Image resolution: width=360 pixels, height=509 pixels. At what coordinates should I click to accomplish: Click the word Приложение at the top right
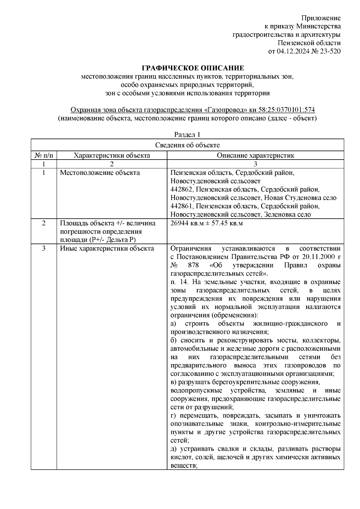pyautogui.click(x=321, y=18)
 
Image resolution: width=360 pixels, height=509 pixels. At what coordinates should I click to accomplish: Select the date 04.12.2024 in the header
pyautogui.click(x=291, y=51)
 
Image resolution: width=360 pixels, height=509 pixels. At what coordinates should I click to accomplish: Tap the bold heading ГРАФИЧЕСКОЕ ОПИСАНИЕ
pyautogui.click(x=193, y=68)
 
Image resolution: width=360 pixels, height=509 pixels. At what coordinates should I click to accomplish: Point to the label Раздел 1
pyautogui.click(x=187, y=135)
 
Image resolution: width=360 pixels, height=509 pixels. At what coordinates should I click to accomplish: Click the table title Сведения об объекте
pyautogui.click(x=187, y=145)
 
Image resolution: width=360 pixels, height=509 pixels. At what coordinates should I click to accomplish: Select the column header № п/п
pyautogui.click(x=44, y=155)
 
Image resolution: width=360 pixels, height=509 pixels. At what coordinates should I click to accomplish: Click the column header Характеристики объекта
pyautogui.click(x=112, y=155)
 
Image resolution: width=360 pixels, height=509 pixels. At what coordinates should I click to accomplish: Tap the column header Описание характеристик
pyautogui.click(x=255, y=155)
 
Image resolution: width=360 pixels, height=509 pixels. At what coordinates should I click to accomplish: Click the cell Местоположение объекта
pyautogui.click(x=100, y=173)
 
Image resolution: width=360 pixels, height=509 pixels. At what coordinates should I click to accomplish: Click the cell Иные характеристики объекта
pyautogui.click(x=107, y=249)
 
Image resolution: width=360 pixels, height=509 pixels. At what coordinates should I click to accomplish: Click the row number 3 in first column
pyautogui.click(x=44, y=249)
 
